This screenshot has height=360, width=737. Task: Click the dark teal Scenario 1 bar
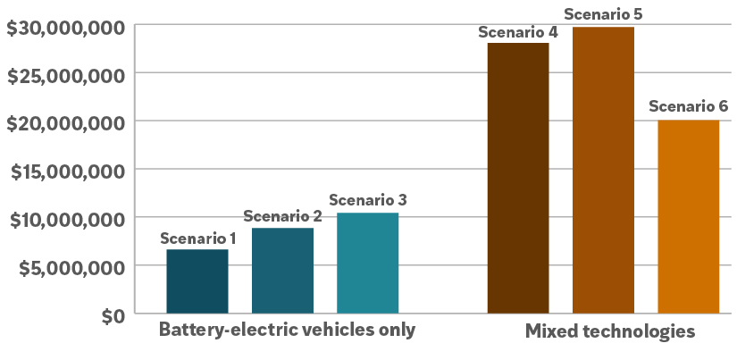click(x=197, y=281)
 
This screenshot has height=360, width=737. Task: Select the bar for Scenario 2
click(x=282, y=271)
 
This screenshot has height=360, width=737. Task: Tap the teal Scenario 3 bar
click(x=367, y=263)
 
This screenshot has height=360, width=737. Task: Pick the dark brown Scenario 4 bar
click(x=518, y=178)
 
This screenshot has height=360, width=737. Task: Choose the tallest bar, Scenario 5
click(x=603, y=170)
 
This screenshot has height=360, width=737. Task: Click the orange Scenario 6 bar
click(x=688, y=216)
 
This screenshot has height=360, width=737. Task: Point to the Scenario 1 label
click(x=197, y=239)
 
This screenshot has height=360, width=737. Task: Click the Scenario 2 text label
click(x=282, y=216)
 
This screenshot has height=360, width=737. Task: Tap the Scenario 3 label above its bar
click(x=368, y=200)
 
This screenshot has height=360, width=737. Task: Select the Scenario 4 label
click(x=518, y=32)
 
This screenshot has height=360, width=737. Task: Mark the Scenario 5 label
click(x=603, y=14)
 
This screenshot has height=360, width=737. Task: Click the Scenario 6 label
click(x=688, y=107)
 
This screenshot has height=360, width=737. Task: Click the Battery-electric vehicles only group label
click(x=287, y=329)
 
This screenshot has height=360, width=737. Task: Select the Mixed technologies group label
click(x=610, y=331)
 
